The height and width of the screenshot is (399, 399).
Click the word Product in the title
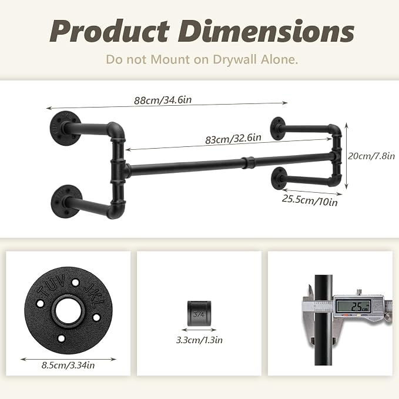coord(110,31)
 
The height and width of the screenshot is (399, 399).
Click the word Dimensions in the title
coord(266,31)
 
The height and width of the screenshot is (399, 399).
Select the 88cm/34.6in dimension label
coord(163,100)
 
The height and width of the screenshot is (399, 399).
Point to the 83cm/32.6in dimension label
coord(233,139)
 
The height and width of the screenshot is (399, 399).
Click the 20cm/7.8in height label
coord(371,156)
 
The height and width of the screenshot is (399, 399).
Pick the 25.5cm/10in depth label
coord(310,200)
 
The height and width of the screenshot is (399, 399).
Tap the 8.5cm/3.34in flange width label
coord(68,366)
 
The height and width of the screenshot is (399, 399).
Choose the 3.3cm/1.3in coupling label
coord(199,340)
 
